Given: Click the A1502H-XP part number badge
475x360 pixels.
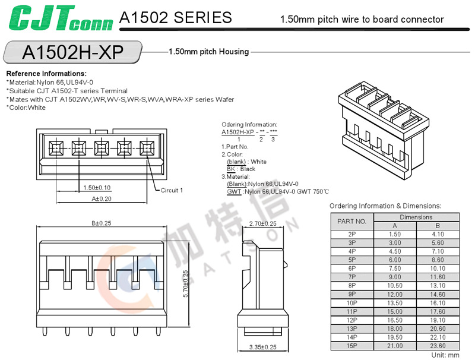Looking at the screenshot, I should tap(72, 52).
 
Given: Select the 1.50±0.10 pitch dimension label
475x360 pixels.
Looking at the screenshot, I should tap(97, 188).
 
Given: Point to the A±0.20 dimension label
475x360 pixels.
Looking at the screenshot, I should tap(102, 198).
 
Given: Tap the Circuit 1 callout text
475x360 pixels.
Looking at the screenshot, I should tap(172, 191).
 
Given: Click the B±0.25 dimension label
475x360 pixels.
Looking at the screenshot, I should tap(102, 223).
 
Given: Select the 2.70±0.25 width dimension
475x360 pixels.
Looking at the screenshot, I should tap(262, 223).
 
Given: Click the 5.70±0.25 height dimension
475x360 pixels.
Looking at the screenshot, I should tap(186, 284).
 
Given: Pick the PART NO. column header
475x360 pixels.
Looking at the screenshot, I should tap(352, 221).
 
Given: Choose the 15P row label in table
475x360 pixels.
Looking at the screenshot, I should tap(352, 345).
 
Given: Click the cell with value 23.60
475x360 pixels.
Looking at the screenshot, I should tap(438, 345).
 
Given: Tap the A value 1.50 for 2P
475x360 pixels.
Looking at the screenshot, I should tap(395, 234).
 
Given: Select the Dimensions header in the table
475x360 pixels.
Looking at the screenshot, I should tap(416, 217).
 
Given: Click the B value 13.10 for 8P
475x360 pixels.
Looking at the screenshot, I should tap(438, 285).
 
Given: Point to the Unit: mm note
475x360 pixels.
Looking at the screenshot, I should tap(445, 355).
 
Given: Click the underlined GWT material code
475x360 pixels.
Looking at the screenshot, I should tap(234, 191).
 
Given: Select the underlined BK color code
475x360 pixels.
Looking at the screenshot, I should tap(232, 169).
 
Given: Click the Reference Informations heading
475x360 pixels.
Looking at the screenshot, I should tap(46, 74).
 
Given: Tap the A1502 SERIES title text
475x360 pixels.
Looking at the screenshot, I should tap(175, 18).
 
